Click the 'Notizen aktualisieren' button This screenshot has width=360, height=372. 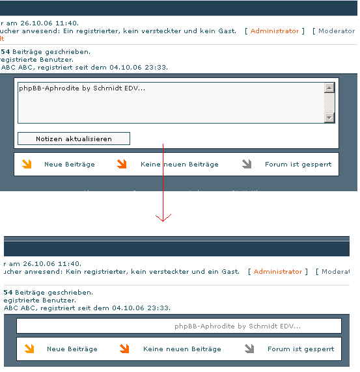pyautogui.click(x=74, y=139)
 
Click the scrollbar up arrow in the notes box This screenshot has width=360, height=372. pyautogui.click(x=329, y=88)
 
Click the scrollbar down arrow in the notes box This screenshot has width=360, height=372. pyautogui.click(x=329, y=118)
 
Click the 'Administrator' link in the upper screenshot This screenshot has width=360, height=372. pyautogui.click(x=275, y=31)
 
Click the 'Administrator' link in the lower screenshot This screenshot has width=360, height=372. pyautogui.click(x=278, y=271)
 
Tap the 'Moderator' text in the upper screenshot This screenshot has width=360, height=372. pyautogui.click(x=337, y=31)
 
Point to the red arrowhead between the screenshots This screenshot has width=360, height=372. pyautogui.click(x=163, y=217)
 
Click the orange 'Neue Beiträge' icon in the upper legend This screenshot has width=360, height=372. pyautogui.click(x=27, y=165)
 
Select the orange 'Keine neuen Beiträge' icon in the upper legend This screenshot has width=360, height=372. pyautogui.click(x=122, y=165)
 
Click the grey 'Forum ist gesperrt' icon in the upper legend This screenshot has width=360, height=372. pyautogui.click(x=247, y=165)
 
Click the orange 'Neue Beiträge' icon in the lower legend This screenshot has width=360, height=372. pyautogui.click(x=29, y=349)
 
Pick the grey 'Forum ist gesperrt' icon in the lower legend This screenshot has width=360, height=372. pyautogui.click(x=249, y=349)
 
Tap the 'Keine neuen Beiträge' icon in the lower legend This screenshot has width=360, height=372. pyautogui.click(x=125, y=349)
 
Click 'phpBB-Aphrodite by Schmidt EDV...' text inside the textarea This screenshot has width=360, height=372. pyautogui.click(x=82, y=88)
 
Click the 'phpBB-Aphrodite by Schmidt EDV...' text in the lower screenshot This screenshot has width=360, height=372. pyautogui.click(x=238, y=326)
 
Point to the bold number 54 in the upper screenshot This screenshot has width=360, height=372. pyautogui.click(x=5, y=51)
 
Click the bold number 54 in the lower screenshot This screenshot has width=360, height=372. pyautogui.click(x=8, y=293)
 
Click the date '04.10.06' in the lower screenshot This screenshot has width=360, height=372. pyautogui.click(x=128, y=308)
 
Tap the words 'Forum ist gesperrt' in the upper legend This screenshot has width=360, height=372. pyautogui.click(x=298, y=165)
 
